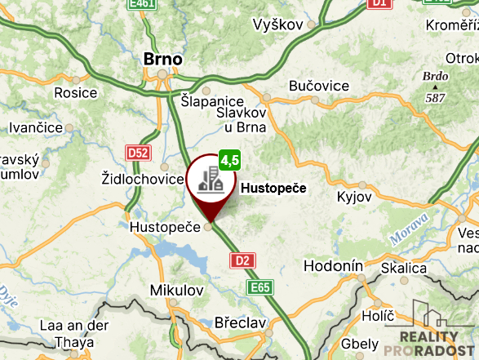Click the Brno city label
pos(162,59)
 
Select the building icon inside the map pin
pos(211,179)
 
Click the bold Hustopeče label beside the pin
pos(273,189)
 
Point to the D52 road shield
pos(138,152)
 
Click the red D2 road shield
pos(242,260)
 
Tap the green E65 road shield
pos(260,287)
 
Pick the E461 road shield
pos(142,4)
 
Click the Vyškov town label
pos(278,24)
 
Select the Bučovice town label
pos(319,86)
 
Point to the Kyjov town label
pos(354,197)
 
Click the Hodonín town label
pos(332,266)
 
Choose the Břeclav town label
pos(239,322)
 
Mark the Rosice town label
pos(76,92)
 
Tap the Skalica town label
pos(403,268)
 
